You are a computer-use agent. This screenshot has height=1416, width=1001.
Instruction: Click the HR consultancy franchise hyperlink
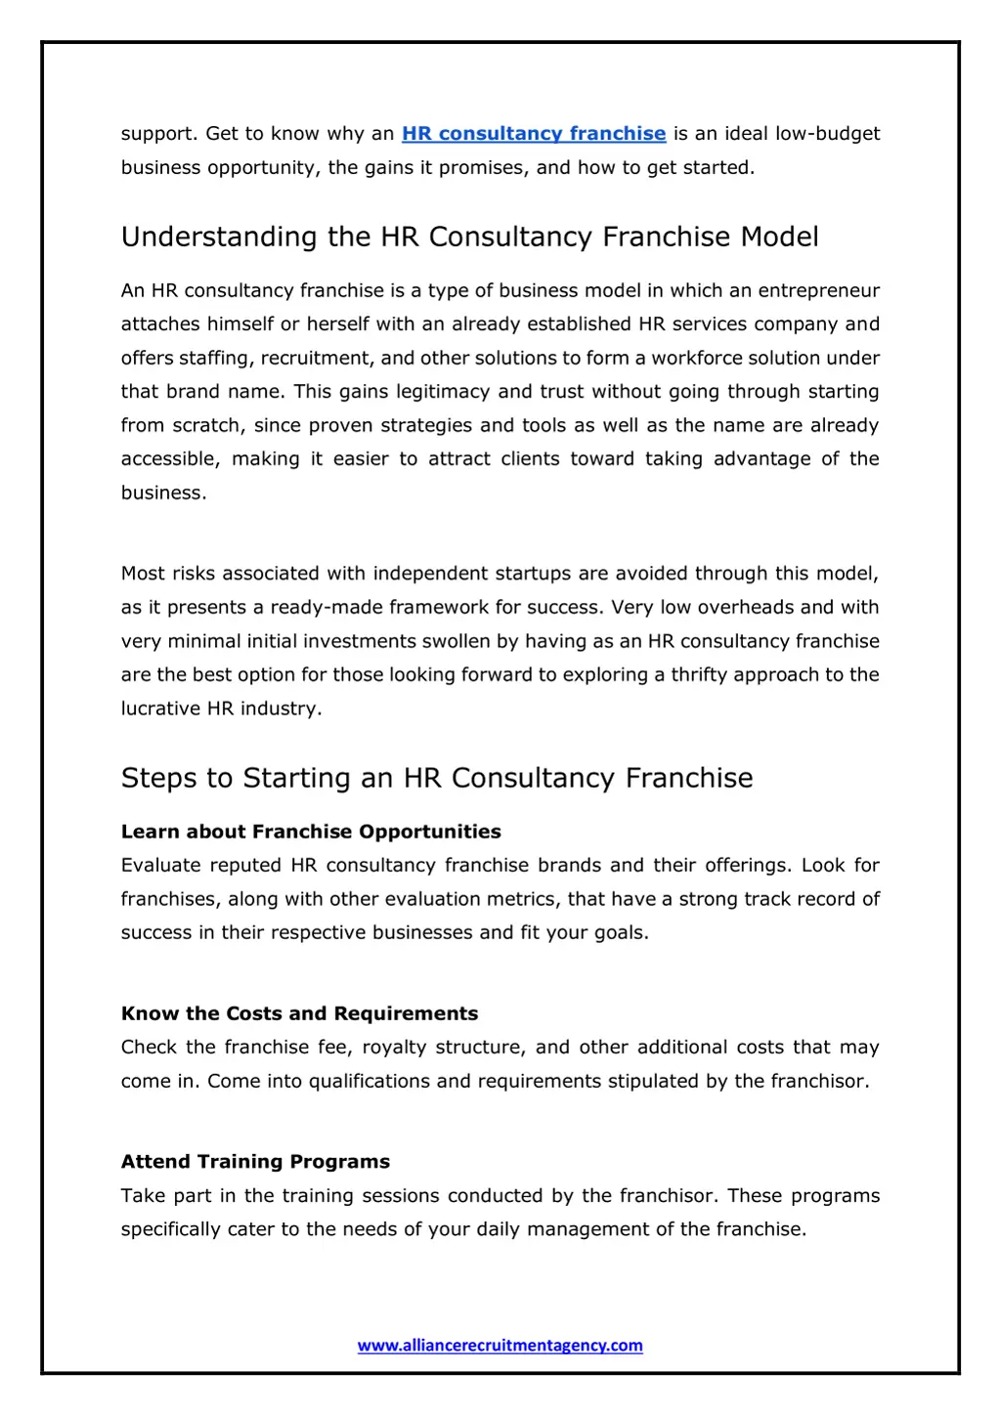tap(534, 134)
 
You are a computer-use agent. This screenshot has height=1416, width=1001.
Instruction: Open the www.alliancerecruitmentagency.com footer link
tap(500, 1346)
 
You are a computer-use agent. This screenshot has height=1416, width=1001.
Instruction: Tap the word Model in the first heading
tap(779, 237)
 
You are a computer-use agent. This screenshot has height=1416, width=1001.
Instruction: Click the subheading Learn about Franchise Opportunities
tap(311, 832)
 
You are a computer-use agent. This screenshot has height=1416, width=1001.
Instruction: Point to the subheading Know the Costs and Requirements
tap(299, 1013)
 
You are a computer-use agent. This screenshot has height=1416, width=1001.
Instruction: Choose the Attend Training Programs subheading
tap(255, 1162)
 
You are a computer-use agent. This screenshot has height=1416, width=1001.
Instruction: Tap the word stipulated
tap(654, 1082)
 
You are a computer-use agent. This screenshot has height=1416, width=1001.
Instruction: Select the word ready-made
tap(326, 608)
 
